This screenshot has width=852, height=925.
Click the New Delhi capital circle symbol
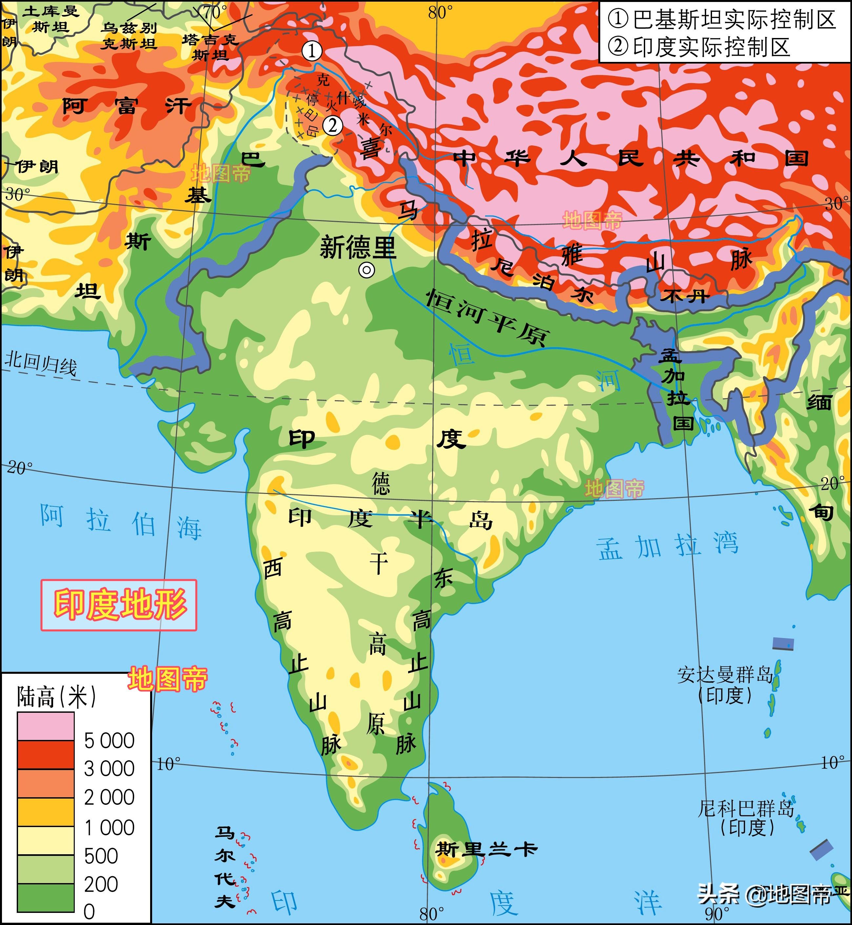[x=367, y=271]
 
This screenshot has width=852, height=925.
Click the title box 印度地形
[x=119, y=605]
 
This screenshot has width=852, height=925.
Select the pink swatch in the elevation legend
[x=46, y=727]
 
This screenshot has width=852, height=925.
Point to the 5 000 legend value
[x=109, y=741]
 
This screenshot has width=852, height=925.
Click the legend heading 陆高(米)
[x=56, y=696]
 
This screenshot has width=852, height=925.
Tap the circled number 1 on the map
[x=312, y=51]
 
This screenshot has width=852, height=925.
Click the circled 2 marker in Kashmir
[x=333, y=125]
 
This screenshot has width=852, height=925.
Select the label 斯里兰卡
[x=486, y=849]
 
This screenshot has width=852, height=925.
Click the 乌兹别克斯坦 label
[x=129, y=36]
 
